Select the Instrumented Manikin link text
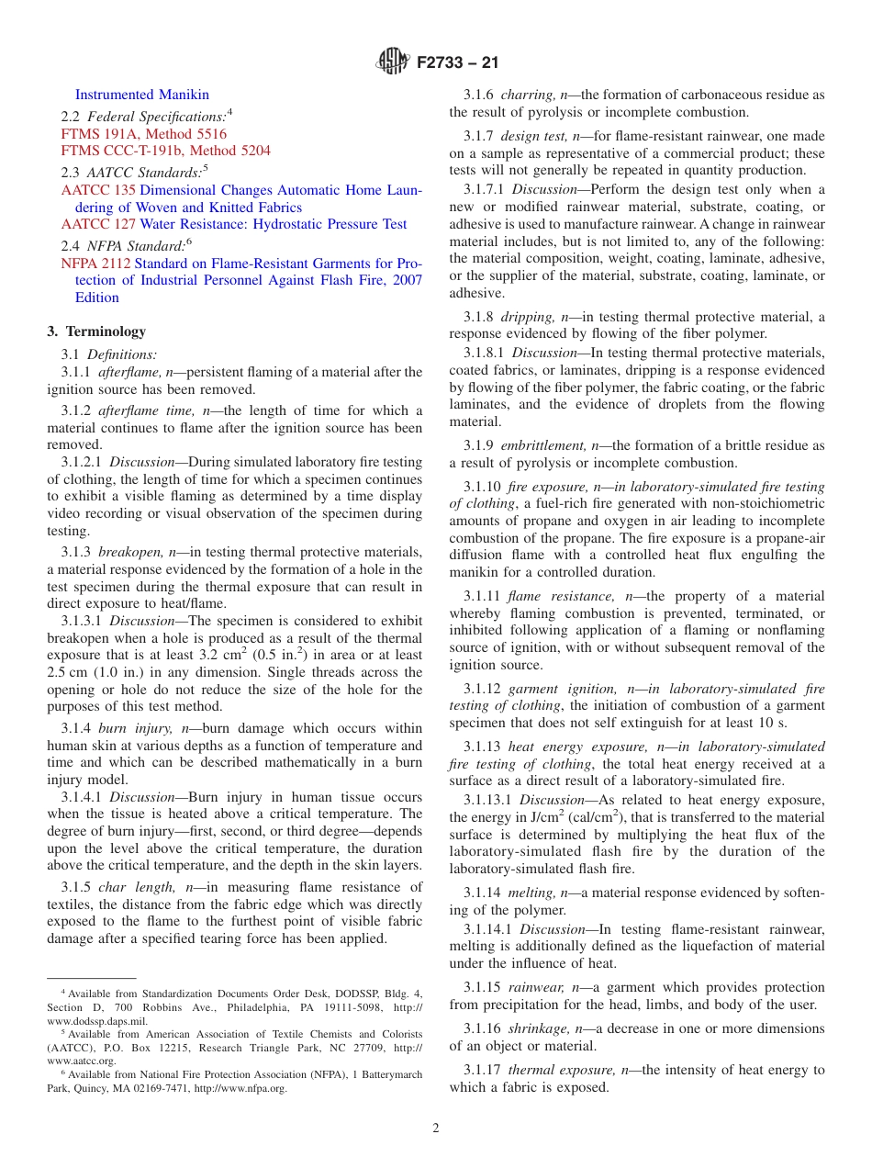coord(141,95)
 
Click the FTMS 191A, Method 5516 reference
coord(143,134)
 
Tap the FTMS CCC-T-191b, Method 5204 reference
coord(165,151)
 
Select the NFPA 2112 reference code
coord(95,264)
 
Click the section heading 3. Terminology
coord(96,331)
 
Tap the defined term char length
coord(128,887)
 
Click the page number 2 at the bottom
coord(436,1129)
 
